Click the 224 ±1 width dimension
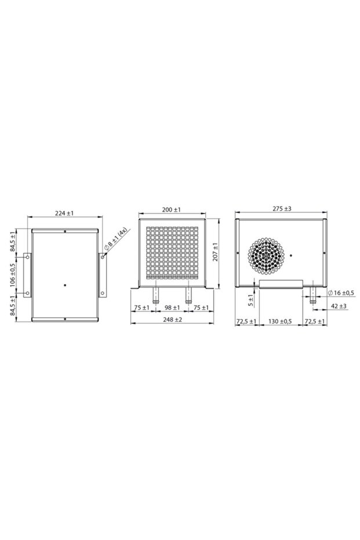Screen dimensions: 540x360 click(x=65, y=213)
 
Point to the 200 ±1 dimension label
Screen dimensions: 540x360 click(x=172, y=209)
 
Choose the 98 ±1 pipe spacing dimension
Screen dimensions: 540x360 click(x=172, y=308)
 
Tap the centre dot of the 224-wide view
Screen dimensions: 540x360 click(x=65, y=284)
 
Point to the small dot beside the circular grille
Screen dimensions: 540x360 click(x=292, y=255)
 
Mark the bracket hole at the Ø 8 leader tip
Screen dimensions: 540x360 click(x=103, y=256)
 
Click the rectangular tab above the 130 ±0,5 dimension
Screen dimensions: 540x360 click(x=281, y=284)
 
